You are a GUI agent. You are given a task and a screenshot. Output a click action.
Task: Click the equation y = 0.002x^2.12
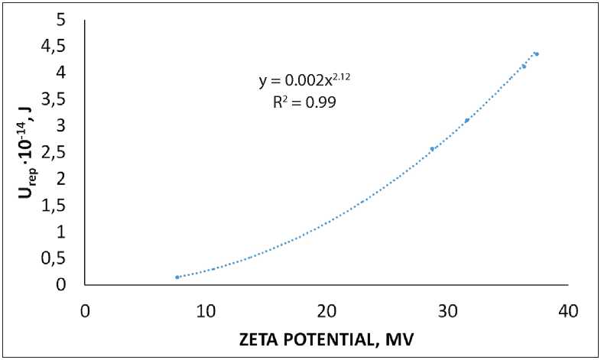point(305,79)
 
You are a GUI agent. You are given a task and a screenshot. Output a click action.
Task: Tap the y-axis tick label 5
point(70,19)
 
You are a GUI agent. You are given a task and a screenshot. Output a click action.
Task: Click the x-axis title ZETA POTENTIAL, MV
point(326,339)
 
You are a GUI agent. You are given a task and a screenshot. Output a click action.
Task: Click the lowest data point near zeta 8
point(177,277)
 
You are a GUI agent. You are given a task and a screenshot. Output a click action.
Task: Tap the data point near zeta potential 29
point(432,149)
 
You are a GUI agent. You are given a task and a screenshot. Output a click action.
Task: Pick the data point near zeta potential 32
point(466,121)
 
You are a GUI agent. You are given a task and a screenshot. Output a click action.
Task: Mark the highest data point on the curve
point(537,54)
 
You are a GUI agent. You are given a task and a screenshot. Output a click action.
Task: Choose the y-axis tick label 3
point(70,125)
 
